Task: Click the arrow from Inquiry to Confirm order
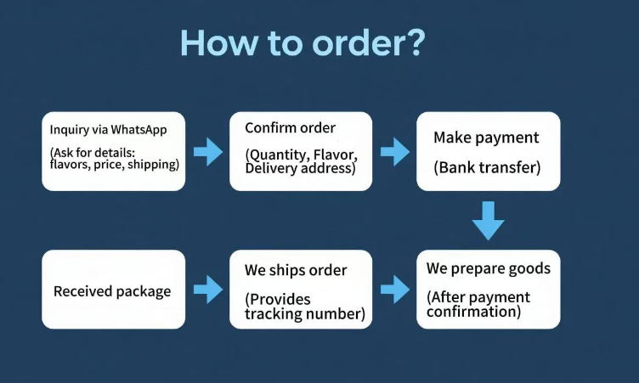click(x=207, y=153)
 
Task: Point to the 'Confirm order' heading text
click(x=290, y=128)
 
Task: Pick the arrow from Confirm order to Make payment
click(x=394, y=153)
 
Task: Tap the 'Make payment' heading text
click(x=486, y=138)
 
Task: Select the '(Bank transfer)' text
click(x=487, y=167)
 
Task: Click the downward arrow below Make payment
click(x=489, y=220)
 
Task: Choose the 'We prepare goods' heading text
click(x=488, y=269)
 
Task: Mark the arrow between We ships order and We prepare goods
click(x=394, y=290)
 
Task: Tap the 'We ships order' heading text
click(x=296, y=271)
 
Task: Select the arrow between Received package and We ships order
click(x=207, y=290)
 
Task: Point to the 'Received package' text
click(x=112, y=291)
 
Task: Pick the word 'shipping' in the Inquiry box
click(x=154, y=164)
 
